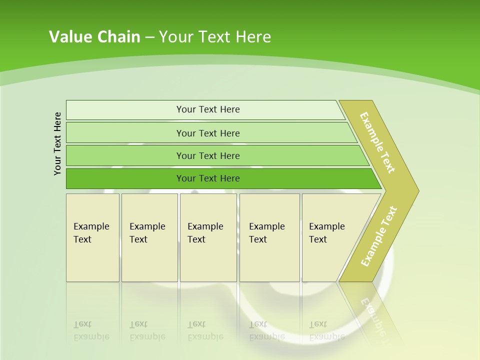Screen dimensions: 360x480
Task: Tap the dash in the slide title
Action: (x=149, y=37)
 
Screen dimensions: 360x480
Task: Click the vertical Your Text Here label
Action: (x=58, y=144)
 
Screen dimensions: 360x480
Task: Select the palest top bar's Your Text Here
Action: (x=208, y=109)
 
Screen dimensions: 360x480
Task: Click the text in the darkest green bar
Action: (x=208, y=178)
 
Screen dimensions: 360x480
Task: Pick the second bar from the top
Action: (x=208, y=133)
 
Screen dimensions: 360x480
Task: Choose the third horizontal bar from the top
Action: (x=208, y=156)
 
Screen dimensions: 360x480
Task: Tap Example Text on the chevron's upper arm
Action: (x=377, y=143)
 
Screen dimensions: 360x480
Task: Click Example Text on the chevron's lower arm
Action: (x=379, y=236)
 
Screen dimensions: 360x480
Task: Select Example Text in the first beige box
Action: (x=91, y=233)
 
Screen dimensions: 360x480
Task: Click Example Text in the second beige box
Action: (x=147, y=233)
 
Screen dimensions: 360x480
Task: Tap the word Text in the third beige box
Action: (x=196, y=239)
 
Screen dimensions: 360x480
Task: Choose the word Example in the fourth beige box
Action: (x=266, y=226)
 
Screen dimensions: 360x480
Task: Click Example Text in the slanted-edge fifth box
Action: (x=326, y=233)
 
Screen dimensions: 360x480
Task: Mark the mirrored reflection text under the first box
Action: (x=91, y=330)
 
